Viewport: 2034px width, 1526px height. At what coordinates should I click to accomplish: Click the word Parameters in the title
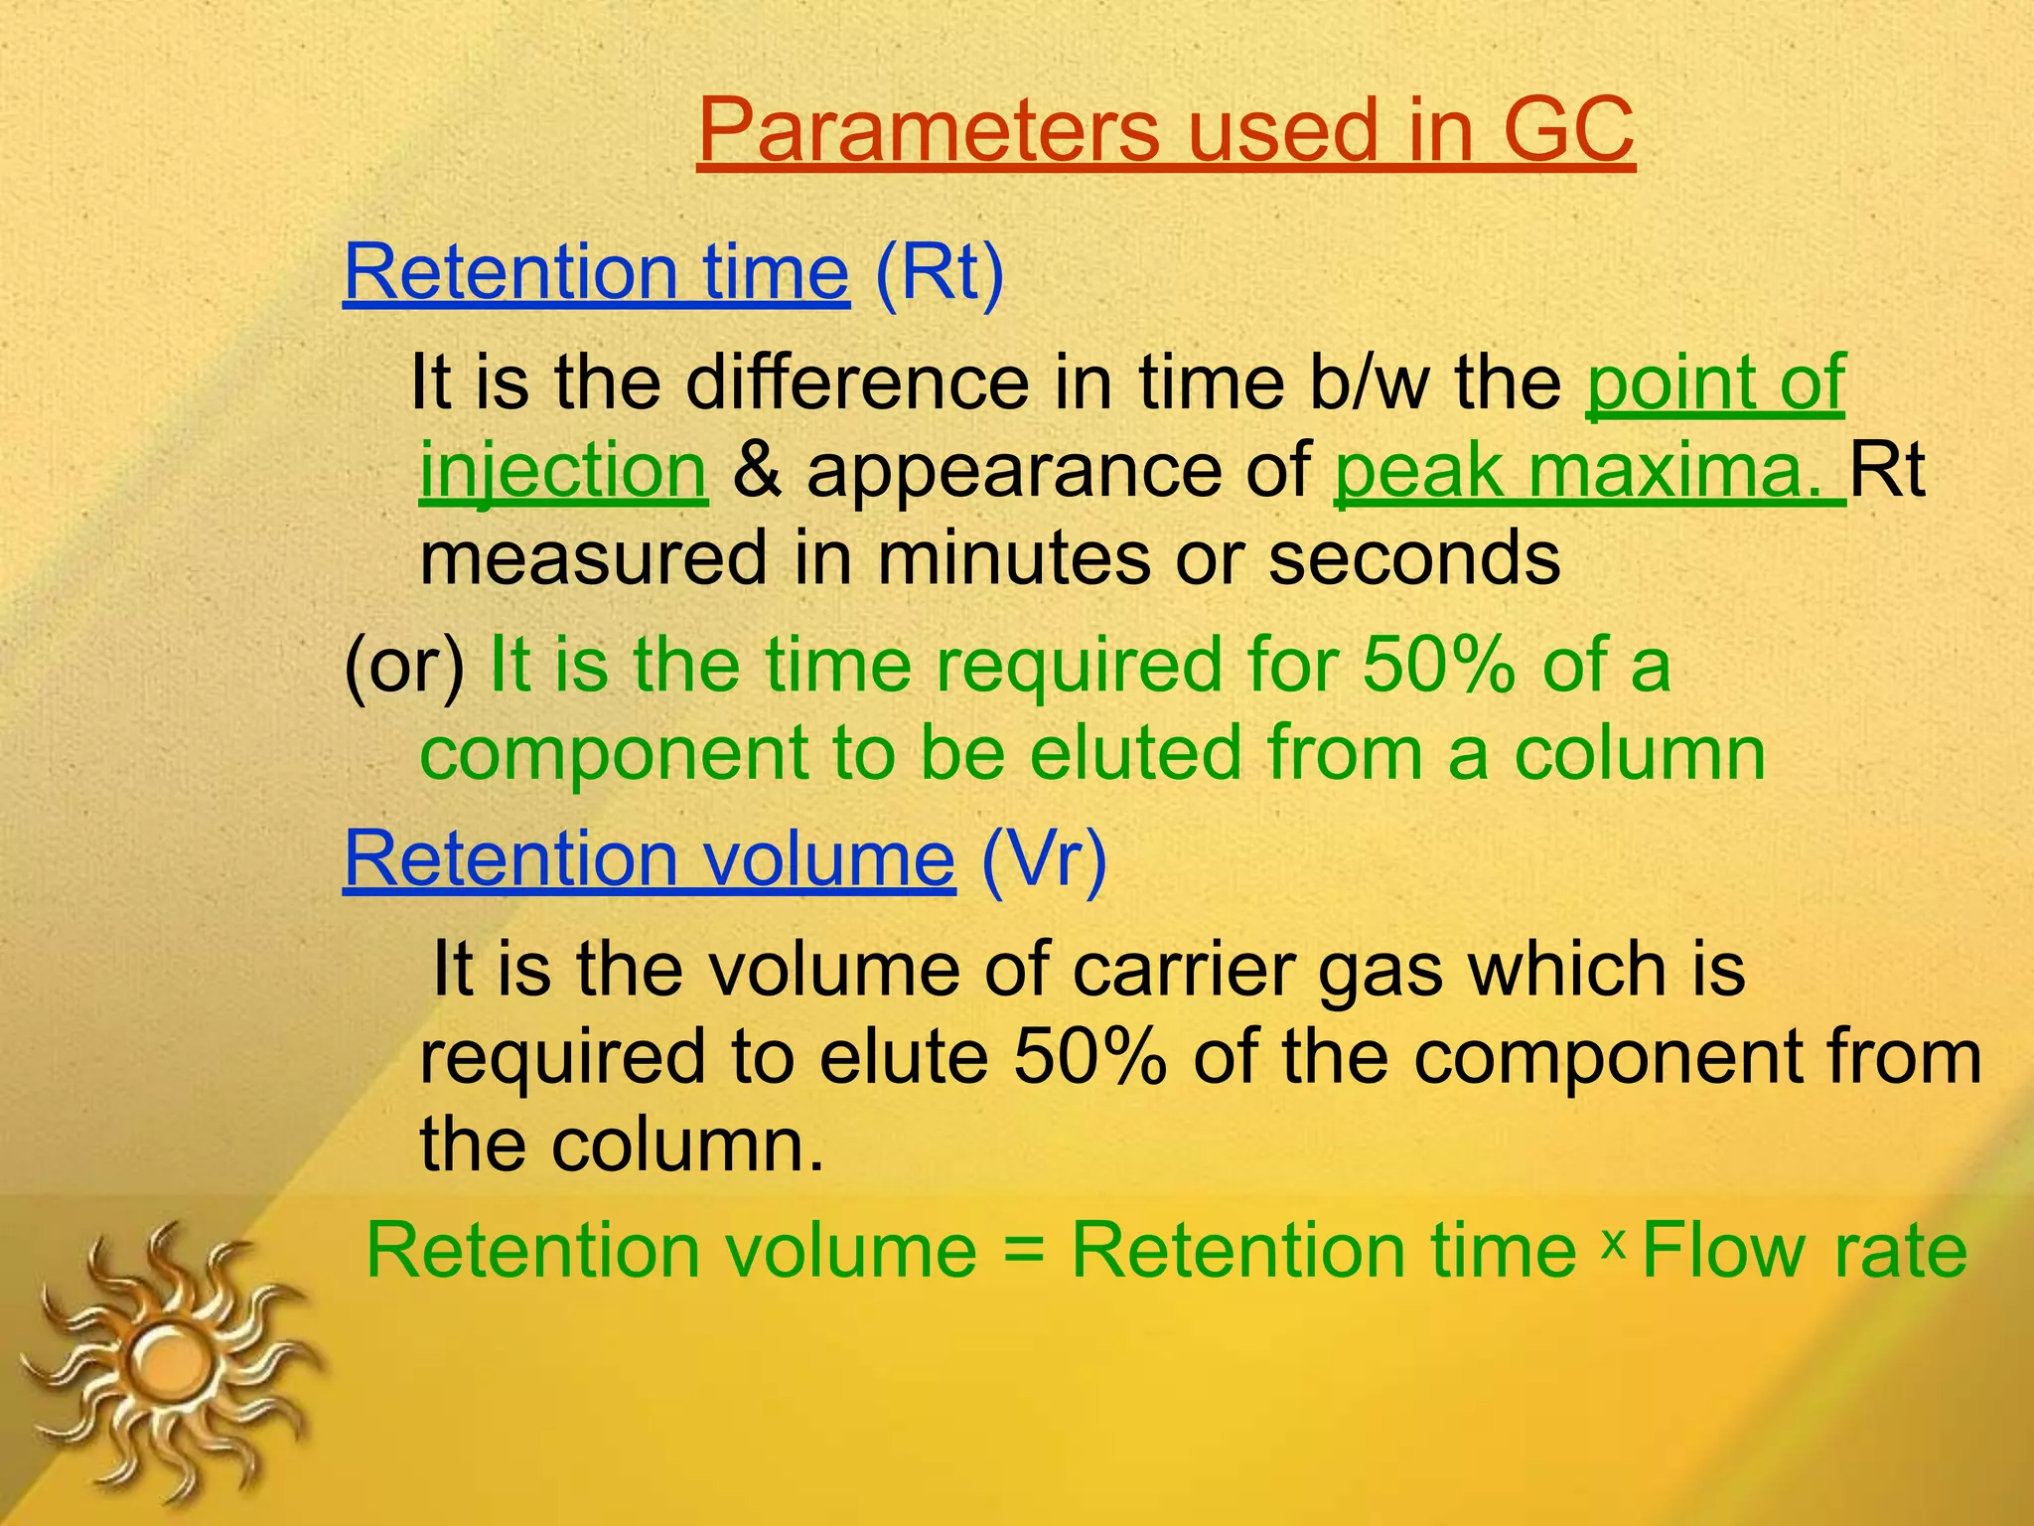click(929, 131)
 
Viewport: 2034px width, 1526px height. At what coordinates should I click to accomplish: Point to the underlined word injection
click(563, 471)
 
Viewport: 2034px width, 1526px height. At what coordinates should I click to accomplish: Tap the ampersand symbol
click(756, 471)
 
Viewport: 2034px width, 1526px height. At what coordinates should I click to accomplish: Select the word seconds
click(1414, 557)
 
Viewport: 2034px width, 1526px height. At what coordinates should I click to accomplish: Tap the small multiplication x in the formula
click(1613, 1242)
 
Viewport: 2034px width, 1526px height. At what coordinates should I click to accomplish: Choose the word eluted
click(1136, 752)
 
